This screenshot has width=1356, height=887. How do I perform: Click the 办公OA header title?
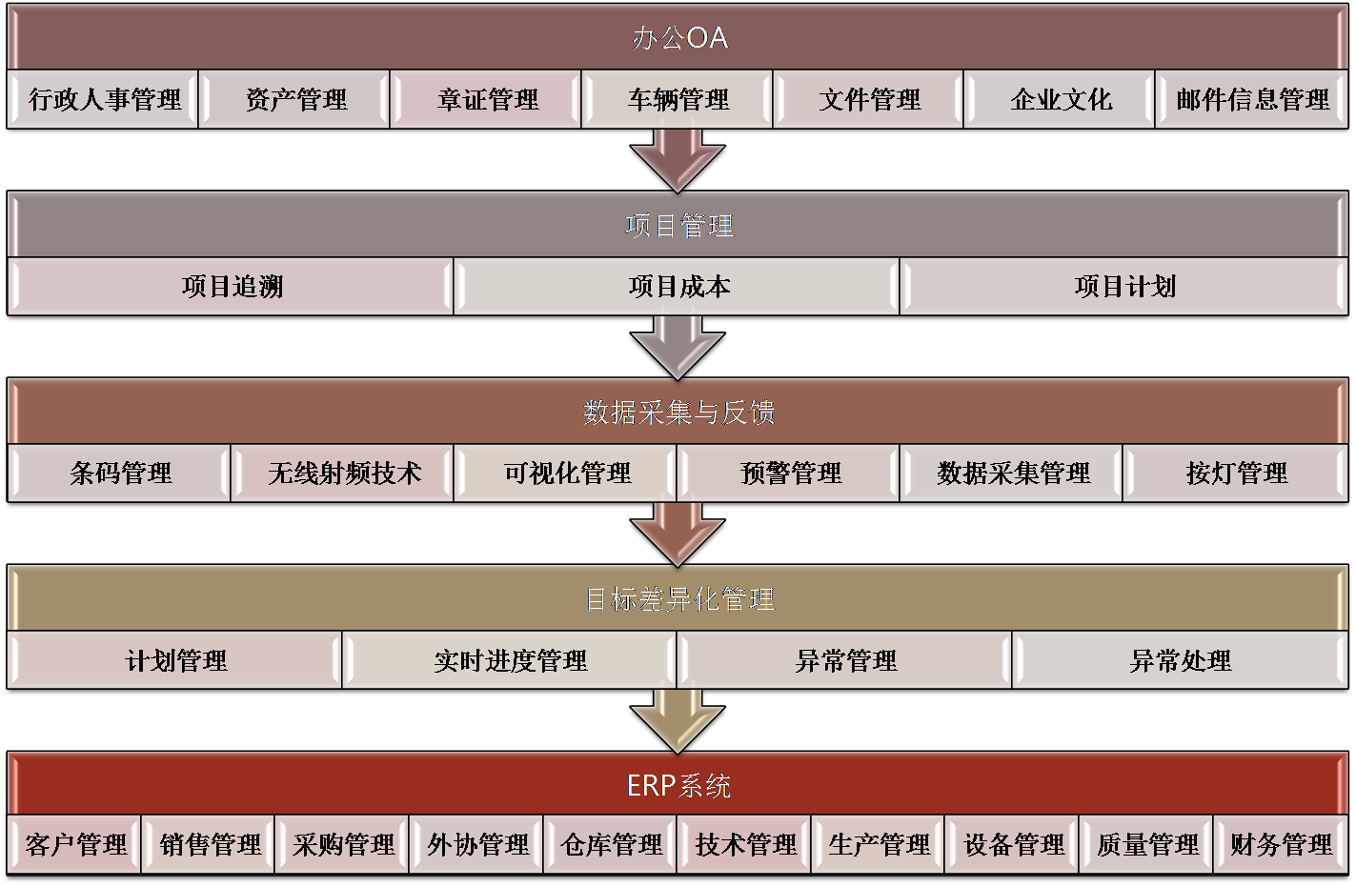(x=678, y=38)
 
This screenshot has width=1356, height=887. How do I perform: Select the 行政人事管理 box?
(x=104, y=99)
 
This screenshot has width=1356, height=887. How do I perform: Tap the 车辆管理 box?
(x=678, y=99)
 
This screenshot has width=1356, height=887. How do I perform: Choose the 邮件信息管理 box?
(x=1251, y=99)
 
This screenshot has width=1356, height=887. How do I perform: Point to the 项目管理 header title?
(x=678, y=226)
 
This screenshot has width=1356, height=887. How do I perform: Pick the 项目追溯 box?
(x=232, y=287)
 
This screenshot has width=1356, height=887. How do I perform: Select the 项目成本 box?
(x=678, y=287)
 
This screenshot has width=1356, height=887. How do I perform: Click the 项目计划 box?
(x=1124, y=287)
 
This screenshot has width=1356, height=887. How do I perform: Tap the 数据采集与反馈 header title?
(x=678, y=412)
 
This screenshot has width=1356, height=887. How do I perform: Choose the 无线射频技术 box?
(x=343, y=473)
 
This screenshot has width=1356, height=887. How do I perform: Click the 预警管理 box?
(x=790, y=473)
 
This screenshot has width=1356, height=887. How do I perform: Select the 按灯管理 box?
(x=1236, y=473)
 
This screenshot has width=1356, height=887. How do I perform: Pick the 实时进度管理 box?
(x=510, y=660)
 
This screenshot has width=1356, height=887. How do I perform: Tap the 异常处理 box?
(x=1180, y=660)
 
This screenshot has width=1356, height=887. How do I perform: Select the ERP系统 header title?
(x=678, y=785)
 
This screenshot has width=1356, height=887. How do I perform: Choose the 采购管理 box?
(x=343, y=845)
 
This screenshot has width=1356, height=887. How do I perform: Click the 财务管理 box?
(x=1281, y=845)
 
